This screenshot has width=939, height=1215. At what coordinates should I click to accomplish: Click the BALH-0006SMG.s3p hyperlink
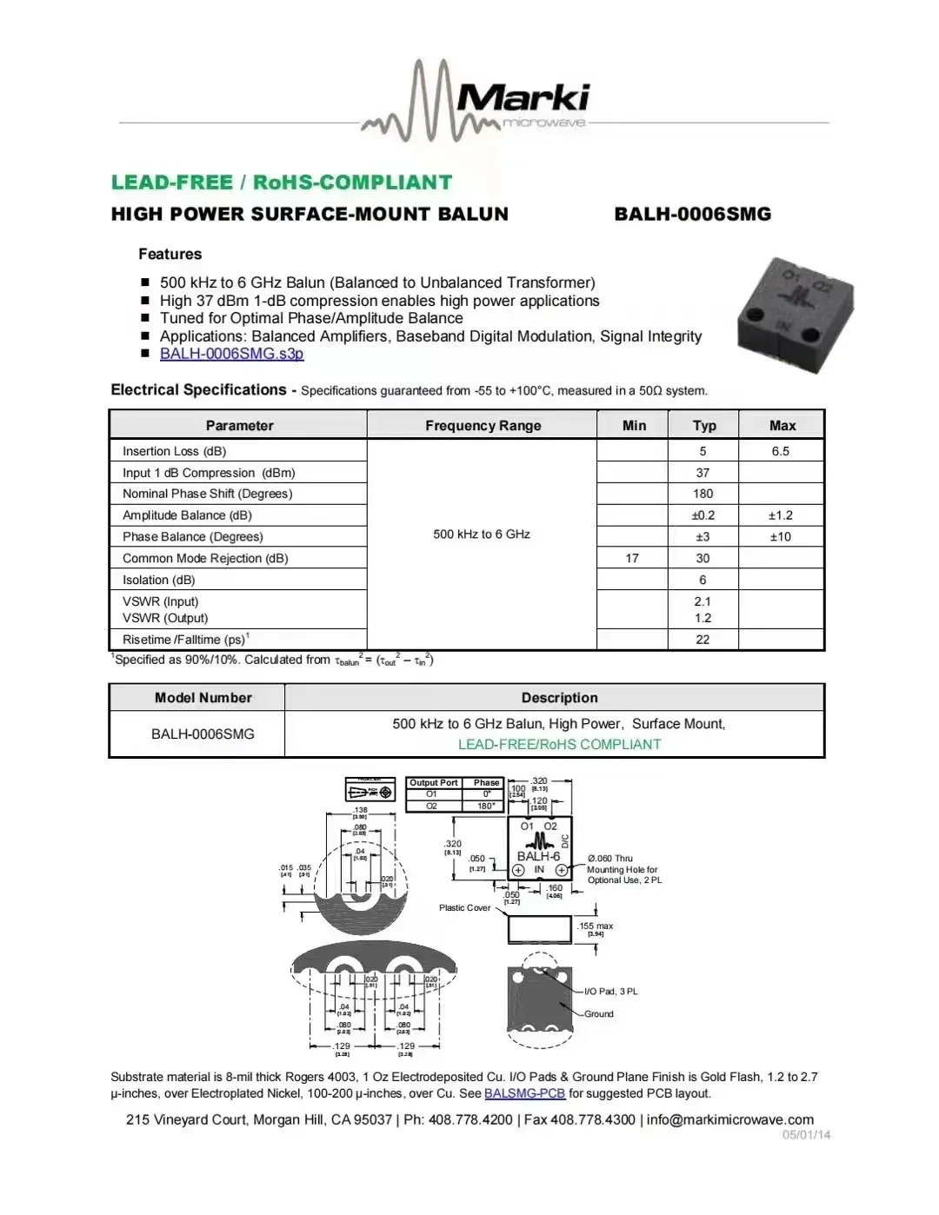231,354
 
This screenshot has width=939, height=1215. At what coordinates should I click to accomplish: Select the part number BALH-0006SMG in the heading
692,215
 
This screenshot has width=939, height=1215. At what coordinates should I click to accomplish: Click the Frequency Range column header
483,426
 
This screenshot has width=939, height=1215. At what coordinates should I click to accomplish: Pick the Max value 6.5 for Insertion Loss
780,451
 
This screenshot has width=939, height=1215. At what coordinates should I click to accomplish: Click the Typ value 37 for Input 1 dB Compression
703,473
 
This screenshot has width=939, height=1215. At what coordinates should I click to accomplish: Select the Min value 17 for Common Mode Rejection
632,558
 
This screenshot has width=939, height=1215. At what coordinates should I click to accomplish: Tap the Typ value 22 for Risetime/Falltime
703,640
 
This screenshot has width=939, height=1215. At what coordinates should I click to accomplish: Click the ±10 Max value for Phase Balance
780,536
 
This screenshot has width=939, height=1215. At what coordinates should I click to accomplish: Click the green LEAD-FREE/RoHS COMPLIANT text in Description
559,745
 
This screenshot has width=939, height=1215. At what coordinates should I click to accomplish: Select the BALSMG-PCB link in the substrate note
524,1094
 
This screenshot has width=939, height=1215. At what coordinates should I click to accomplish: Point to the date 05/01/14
806,1135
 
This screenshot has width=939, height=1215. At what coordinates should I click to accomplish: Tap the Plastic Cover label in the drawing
464,908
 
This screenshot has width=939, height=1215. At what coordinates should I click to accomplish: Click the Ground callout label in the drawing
598,1014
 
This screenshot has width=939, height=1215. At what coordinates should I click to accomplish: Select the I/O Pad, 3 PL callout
610,992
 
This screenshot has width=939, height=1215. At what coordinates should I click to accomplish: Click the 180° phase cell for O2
486,807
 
